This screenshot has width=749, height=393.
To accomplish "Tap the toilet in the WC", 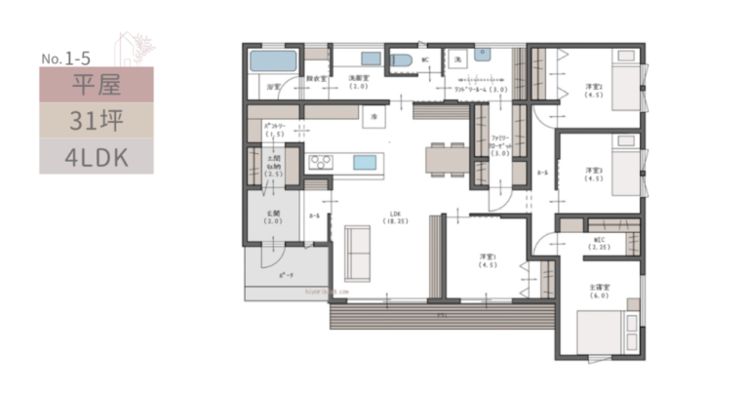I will click(x=400, y=60).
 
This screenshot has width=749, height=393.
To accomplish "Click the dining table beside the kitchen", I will click(x=448, y=158).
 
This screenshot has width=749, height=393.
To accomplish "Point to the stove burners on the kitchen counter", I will click(x=321, y=161).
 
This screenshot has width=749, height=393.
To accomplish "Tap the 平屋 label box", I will click(x=97, y=85).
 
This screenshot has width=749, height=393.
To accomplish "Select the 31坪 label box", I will click(x=97, y=120).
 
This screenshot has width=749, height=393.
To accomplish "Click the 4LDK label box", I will click(x=97, y=155).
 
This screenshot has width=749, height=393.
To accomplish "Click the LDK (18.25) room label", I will click(x=395, y=217).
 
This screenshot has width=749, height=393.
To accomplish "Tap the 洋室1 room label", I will click(x=488, y=260).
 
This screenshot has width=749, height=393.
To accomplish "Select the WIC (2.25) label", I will click(x=601, y=243).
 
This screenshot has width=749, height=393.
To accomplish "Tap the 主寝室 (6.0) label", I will click(x=599, y=292).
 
